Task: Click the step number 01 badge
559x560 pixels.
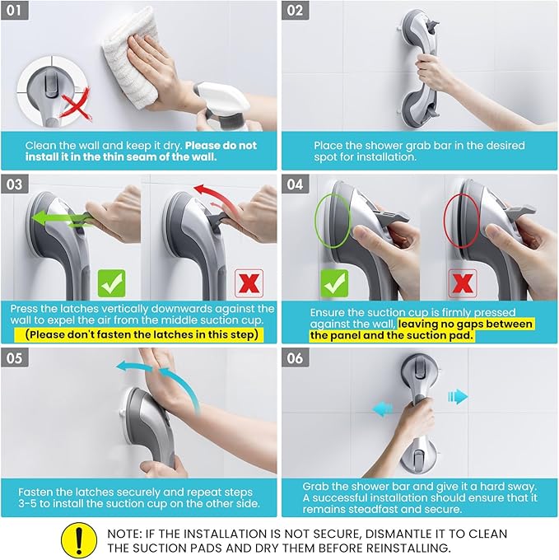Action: pos(14,10)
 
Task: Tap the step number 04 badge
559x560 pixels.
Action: pos(296,184)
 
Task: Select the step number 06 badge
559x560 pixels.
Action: pos(296,358)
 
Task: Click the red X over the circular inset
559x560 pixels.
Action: pos(76,104)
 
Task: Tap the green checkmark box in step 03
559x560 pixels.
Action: pos(112,283)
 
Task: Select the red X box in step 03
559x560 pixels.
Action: pos(249,283)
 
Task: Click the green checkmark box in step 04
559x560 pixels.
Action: pos(334,283)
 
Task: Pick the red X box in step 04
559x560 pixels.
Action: pos(463,283)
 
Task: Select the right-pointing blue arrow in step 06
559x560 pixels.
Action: pos(458,396)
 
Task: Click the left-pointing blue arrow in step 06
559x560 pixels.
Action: pos(382,409)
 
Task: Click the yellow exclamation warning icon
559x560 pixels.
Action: pos(79,540)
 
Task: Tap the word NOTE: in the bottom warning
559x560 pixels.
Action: pos(124,534)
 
